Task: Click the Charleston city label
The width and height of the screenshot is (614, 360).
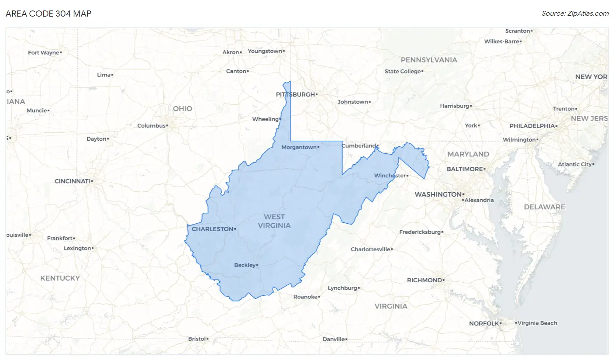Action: coord(212,229)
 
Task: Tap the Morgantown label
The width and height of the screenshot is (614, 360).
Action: coord(298,147)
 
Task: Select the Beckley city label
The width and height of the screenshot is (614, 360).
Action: coord(245,265)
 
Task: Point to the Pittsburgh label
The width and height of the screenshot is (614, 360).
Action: coord(295,94)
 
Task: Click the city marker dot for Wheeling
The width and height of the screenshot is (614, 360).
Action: coord(280,119)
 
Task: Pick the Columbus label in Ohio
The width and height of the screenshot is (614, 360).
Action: coord(151,126)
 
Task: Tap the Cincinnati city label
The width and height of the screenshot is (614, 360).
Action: coord(72,181)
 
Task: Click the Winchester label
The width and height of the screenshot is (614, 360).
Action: coord(390,176)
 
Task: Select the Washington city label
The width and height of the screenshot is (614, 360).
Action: coord(438,194)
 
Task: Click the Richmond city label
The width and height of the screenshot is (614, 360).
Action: coord(424,280)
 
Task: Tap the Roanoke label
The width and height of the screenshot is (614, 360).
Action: coord(305,297)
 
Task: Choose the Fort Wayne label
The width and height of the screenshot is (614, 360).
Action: coord(43,52)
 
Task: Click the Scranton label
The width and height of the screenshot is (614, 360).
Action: coord(517,31)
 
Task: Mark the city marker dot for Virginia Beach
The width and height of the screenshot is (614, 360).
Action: coord(515,323)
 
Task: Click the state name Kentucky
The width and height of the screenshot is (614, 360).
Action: coord(60,278)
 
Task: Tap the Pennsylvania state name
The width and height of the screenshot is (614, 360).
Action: coord(429,60)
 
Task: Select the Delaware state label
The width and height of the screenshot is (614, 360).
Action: coord(544,207)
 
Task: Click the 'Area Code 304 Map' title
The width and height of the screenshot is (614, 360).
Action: coord(48,14)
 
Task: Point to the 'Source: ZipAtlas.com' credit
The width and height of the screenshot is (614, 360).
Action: coord(575,14)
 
